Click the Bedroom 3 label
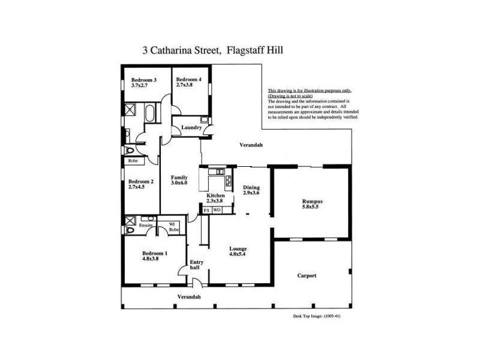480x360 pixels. pyautogui.click(x=143, y=80)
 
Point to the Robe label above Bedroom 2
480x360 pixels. pyautogui.click(x=133, y=161)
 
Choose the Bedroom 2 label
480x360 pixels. pyautogui.click(x=141, y=181)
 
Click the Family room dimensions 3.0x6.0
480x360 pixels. pyautogui.click(x=179, y=183)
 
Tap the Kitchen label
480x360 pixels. pyautogui.click(x=215, y=196)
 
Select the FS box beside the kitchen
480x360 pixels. pyautogui.click(x=206, y=211)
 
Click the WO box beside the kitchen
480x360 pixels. pyautogui.click(x=217, y=211)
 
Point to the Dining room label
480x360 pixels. pyautogui.click(x=251, y=188)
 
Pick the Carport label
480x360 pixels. pyautogui.click(x=307, y=276)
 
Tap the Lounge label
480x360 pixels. pyautogui.click(x=238, y=248)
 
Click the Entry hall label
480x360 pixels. pyautogui.click(x=196, y=265)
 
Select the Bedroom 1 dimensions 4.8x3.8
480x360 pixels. pyautogui.click(x=150, y=259)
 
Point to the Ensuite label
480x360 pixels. pyautogui.click(x=146, y=225)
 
